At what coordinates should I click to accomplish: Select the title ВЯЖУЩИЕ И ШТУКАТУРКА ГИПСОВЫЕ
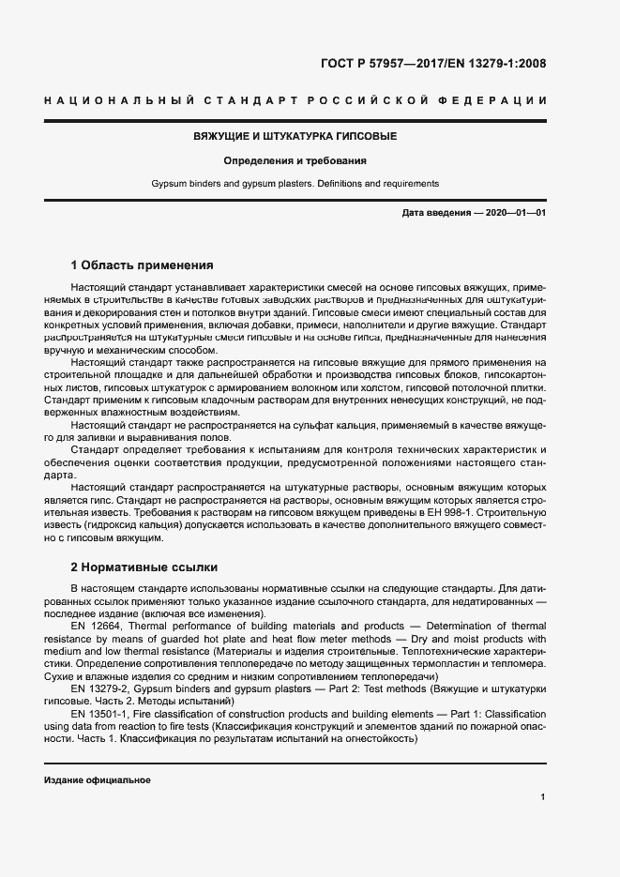pos(295,136)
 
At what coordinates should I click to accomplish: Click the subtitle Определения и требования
pos(295,160)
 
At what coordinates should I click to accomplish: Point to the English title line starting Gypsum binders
pos(295,184)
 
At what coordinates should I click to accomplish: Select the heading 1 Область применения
pos(143,265)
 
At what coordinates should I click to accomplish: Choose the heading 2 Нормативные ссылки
pos(144,567)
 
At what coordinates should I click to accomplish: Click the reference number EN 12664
pos(95,626)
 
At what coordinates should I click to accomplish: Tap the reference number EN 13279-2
pos(98,688)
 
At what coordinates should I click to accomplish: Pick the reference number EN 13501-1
pos(98,714)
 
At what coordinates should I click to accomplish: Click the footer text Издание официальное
pos(97,780)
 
